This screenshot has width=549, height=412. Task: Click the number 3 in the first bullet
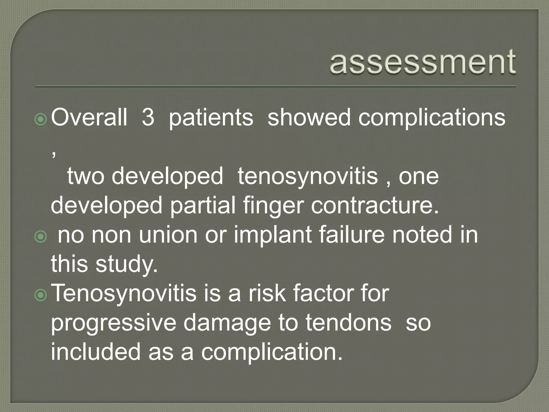click(148, 117)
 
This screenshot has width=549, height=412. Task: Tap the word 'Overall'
click(89, 117)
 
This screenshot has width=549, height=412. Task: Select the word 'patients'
click(211, 118)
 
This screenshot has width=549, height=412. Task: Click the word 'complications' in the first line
click(432, 118)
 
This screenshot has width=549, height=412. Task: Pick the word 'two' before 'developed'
click(86, 176)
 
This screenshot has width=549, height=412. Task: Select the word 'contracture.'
click(375, 205)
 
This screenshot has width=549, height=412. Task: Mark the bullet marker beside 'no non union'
click(41, 237)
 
